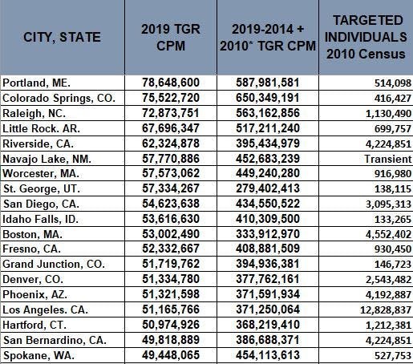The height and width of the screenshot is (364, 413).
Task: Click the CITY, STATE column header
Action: pyautogui.click(x=62, y=37)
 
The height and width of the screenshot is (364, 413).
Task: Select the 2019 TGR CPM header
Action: pyautogui.click(x=171, y=37)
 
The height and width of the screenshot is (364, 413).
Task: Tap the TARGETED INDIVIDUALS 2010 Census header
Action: pyautogui.click(x=366, y=37)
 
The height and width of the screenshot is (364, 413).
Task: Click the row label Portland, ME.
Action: pyautogui.click(x=36, y=83)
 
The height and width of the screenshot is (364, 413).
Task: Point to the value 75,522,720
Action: pyautogui.click(x=171, y=98)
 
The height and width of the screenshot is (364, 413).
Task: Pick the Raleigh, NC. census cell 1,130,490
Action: pyautogui.click(x=388, y=114)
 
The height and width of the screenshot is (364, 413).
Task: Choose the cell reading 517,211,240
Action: pyautogui.click(x=268, y=128)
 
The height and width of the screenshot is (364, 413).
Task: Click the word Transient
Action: pyautogui.click(x=388, y=159)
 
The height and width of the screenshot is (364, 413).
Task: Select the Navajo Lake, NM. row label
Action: pyautogui.click(x=47, y=160)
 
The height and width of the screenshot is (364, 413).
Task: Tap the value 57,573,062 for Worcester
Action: pyautogui.click(x=171, y=173)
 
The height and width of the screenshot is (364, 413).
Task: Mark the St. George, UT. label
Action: pyautogui.click(x=42, y=188)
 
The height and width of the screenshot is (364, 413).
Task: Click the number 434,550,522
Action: pyautogui.click(x=268, y=204)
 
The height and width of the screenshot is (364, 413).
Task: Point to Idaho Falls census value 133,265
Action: pyautogui.click(x=393, y=220)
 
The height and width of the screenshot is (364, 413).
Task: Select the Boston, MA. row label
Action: pyautogui.click(x=32, y=234)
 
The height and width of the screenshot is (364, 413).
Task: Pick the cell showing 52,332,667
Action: pyautogui.click(x=171, y=249)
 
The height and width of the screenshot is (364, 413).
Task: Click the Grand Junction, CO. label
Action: pyautogui.click(x=54, y=264)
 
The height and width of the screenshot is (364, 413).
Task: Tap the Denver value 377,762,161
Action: pyautogui.click(x=268, y=279)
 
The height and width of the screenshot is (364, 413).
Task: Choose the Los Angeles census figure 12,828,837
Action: pyautogui.click(x=386, y=310)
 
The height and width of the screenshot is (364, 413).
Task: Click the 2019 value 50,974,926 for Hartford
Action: pyautogui.click(x=171, y=325)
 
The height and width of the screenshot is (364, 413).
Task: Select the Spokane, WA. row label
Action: pyautogui.click(x=38, y=355)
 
